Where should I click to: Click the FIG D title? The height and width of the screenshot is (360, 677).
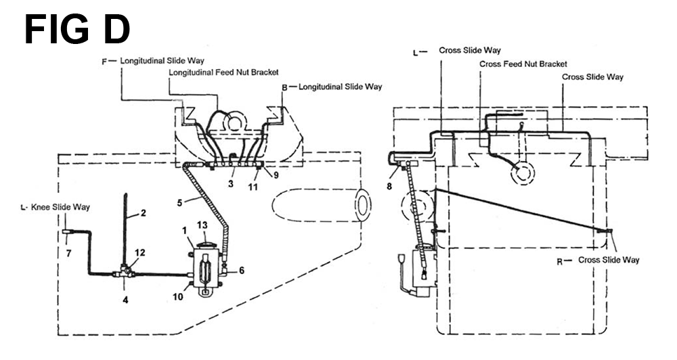coord(77,29)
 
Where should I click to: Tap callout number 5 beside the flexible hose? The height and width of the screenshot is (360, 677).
coord(179,202)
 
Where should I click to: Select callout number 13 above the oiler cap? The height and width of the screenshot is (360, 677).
coord(202,225)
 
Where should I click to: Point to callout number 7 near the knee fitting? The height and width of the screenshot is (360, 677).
coord(68,253)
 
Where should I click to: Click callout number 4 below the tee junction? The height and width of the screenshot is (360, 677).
coord(125,299)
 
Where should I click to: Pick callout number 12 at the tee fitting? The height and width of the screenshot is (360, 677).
coord(140,252)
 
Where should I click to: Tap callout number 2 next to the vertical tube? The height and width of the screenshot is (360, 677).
coord(143,212)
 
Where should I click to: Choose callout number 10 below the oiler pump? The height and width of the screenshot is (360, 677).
coord(178,296)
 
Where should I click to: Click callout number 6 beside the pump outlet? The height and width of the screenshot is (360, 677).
coord(242,271)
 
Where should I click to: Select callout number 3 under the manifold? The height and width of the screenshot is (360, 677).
coord(231,184)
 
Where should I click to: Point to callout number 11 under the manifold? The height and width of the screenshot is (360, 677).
coord(253,187)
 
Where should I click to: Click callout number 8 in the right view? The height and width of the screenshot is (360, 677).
coord(389,187)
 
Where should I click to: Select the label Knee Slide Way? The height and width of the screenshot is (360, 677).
coord(60,207)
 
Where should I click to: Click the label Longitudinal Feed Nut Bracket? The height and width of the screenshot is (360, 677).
coord(223,72)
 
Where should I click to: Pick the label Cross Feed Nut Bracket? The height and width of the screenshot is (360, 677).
coord(523,64)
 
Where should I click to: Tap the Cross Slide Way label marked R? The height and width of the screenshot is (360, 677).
coord(609,260)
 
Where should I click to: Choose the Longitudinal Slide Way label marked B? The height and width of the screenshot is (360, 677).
coord(341,87)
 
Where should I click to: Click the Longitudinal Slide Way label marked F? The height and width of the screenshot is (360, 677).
coord(162,61)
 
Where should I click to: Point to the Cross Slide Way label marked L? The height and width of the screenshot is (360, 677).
coord(470,50)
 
